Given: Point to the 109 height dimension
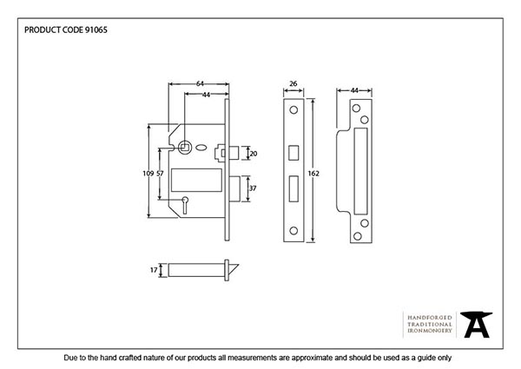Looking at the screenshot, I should (x=148, y=175).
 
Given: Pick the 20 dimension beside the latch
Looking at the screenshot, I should (x=253, y=154).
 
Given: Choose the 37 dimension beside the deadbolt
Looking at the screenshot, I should (x=253, y=188).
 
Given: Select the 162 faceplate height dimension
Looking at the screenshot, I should (x=314, y=174).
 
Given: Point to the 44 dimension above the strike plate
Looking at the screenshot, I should (x=356, y=90).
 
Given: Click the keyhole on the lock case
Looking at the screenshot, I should (x=185, y=203).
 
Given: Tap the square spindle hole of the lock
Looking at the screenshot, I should (x=184, y=148).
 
